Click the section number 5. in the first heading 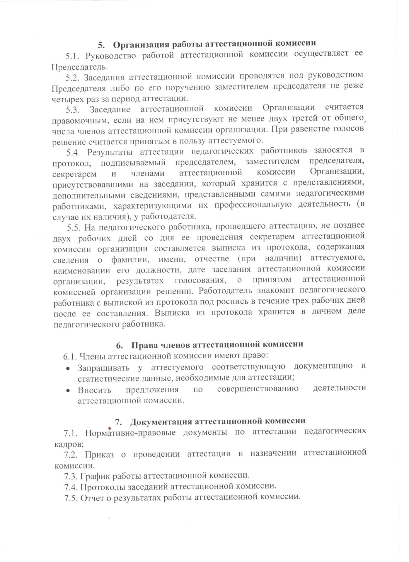[101, 45]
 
